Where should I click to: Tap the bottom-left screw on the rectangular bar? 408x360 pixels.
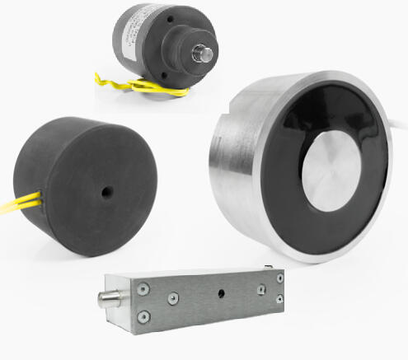pyautogui.click(x=144, y=315)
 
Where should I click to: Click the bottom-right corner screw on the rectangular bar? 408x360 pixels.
pyautogui.click(x=281, y=301)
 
